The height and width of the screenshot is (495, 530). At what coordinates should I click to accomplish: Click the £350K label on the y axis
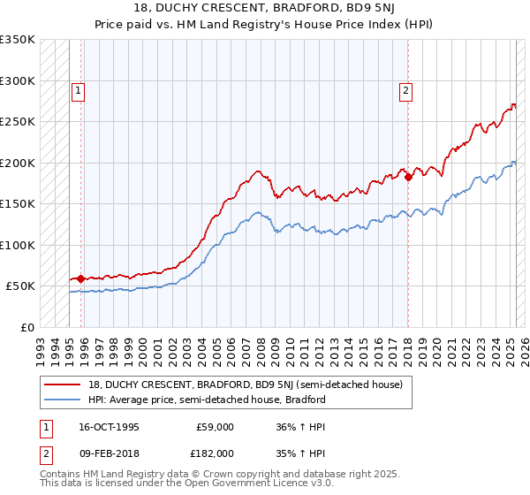(18, 40)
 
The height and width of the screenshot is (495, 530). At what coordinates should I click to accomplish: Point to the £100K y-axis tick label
(18, 245)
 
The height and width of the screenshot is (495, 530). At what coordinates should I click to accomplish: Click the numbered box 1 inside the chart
(79, 89)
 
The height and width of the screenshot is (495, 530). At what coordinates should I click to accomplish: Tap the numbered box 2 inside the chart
(405, 89)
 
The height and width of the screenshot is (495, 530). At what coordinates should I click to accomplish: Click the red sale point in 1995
(80, 278)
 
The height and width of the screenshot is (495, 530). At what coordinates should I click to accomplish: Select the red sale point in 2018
(408, 177)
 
